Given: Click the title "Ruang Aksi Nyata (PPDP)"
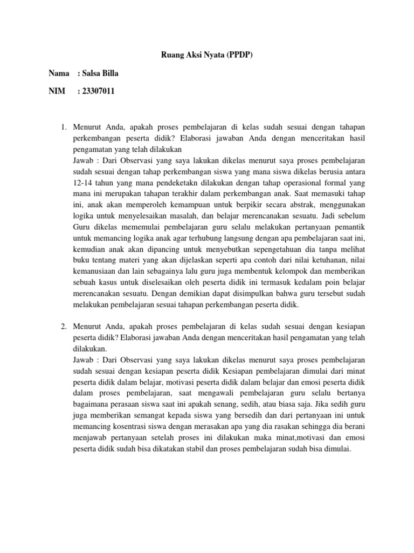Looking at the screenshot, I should point(206,55).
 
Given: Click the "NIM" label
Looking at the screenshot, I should point(57,92).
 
